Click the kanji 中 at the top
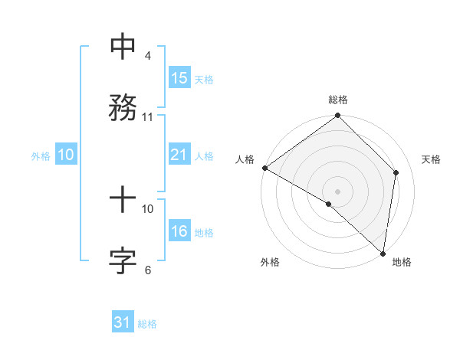[123, 47]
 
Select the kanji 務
[123, 106]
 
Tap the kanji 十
[123, 201]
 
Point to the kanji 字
[123, 260]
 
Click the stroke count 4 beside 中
[148, 57]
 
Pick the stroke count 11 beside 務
[148, 116]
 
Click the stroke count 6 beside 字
[148, 270]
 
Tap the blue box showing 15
[179, 78]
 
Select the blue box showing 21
[179, 155]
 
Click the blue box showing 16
[179, 231]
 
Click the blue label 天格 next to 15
[204, 79]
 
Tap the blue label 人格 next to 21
[204, 155]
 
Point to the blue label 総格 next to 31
[147, 324]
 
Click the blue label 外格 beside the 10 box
[41, 155]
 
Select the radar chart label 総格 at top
[338, 100]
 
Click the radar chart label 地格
[402, 262]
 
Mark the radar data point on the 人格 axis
[264, 168]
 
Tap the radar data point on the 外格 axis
[329, 204]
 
